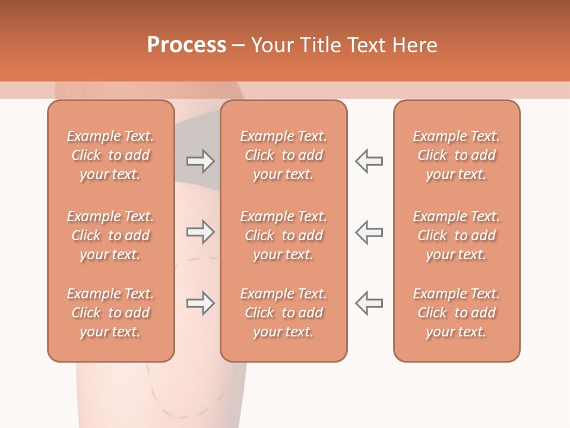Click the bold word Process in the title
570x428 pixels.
point(186,45)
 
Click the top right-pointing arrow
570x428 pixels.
point(200,161)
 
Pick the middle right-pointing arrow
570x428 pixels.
point(200,232)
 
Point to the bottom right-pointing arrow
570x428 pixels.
point(200,303)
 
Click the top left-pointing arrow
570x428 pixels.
point(369,161)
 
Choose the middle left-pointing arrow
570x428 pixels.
point(369,232)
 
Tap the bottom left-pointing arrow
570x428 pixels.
point(369,303)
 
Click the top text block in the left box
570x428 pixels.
point(110,155)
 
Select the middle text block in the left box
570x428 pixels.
point(110,235)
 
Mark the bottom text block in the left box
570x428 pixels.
point(110,313)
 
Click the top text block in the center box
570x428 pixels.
point(283,155)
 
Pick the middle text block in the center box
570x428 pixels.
point(283,235)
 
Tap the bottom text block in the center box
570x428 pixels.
point(283,313)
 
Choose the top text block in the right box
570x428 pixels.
point(457,155)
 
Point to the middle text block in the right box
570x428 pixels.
point(457,235)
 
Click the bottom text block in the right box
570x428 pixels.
point(457,313)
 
